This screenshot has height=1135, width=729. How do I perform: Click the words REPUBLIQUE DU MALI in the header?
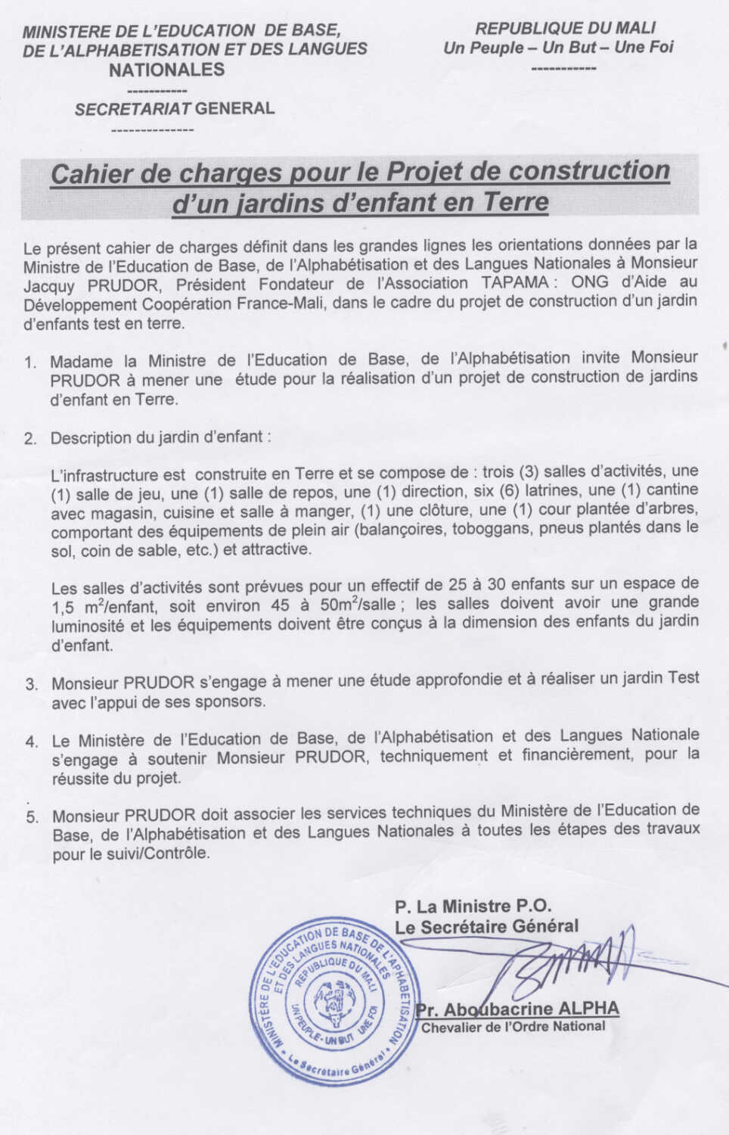[x=565, y=29]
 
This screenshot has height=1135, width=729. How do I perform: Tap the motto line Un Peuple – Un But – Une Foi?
[x=558, y=48]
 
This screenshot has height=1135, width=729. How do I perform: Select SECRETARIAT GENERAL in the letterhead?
[x=175, y=108]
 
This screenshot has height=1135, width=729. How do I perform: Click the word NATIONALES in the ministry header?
[x=167, y=70]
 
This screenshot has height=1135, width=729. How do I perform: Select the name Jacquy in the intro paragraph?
[x=49, y=285]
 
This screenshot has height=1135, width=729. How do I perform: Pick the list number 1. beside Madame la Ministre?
[x=30, y=362]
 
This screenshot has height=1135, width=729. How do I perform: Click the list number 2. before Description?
[x=30, y=439]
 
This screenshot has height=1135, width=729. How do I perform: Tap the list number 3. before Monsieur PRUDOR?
[x=31, y=684]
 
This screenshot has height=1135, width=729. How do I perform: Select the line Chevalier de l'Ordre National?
[x=513, y=1027]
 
